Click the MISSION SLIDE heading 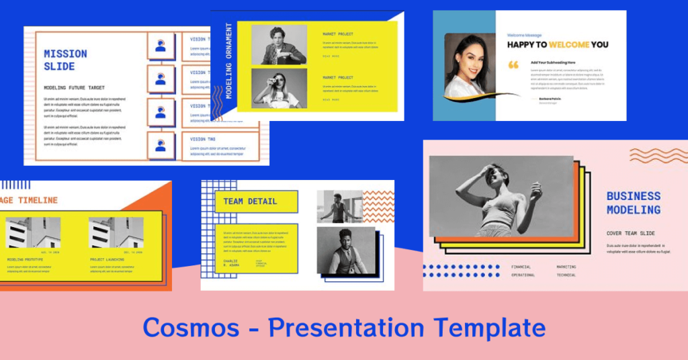(65, 60)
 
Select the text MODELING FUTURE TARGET (73, 87)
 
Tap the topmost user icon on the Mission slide (161, 46)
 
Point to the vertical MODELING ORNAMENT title (229, 61)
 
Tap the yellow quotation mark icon (514, 64)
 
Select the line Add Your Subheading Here (553, 62)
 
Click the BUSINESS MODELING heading (633, 203)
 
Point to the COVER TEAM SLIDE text (630, 233)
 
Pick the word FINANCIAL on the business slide (521, 267)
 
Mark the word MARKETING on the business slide (566, 267)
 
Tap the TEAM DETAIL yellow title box (256, 201)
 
